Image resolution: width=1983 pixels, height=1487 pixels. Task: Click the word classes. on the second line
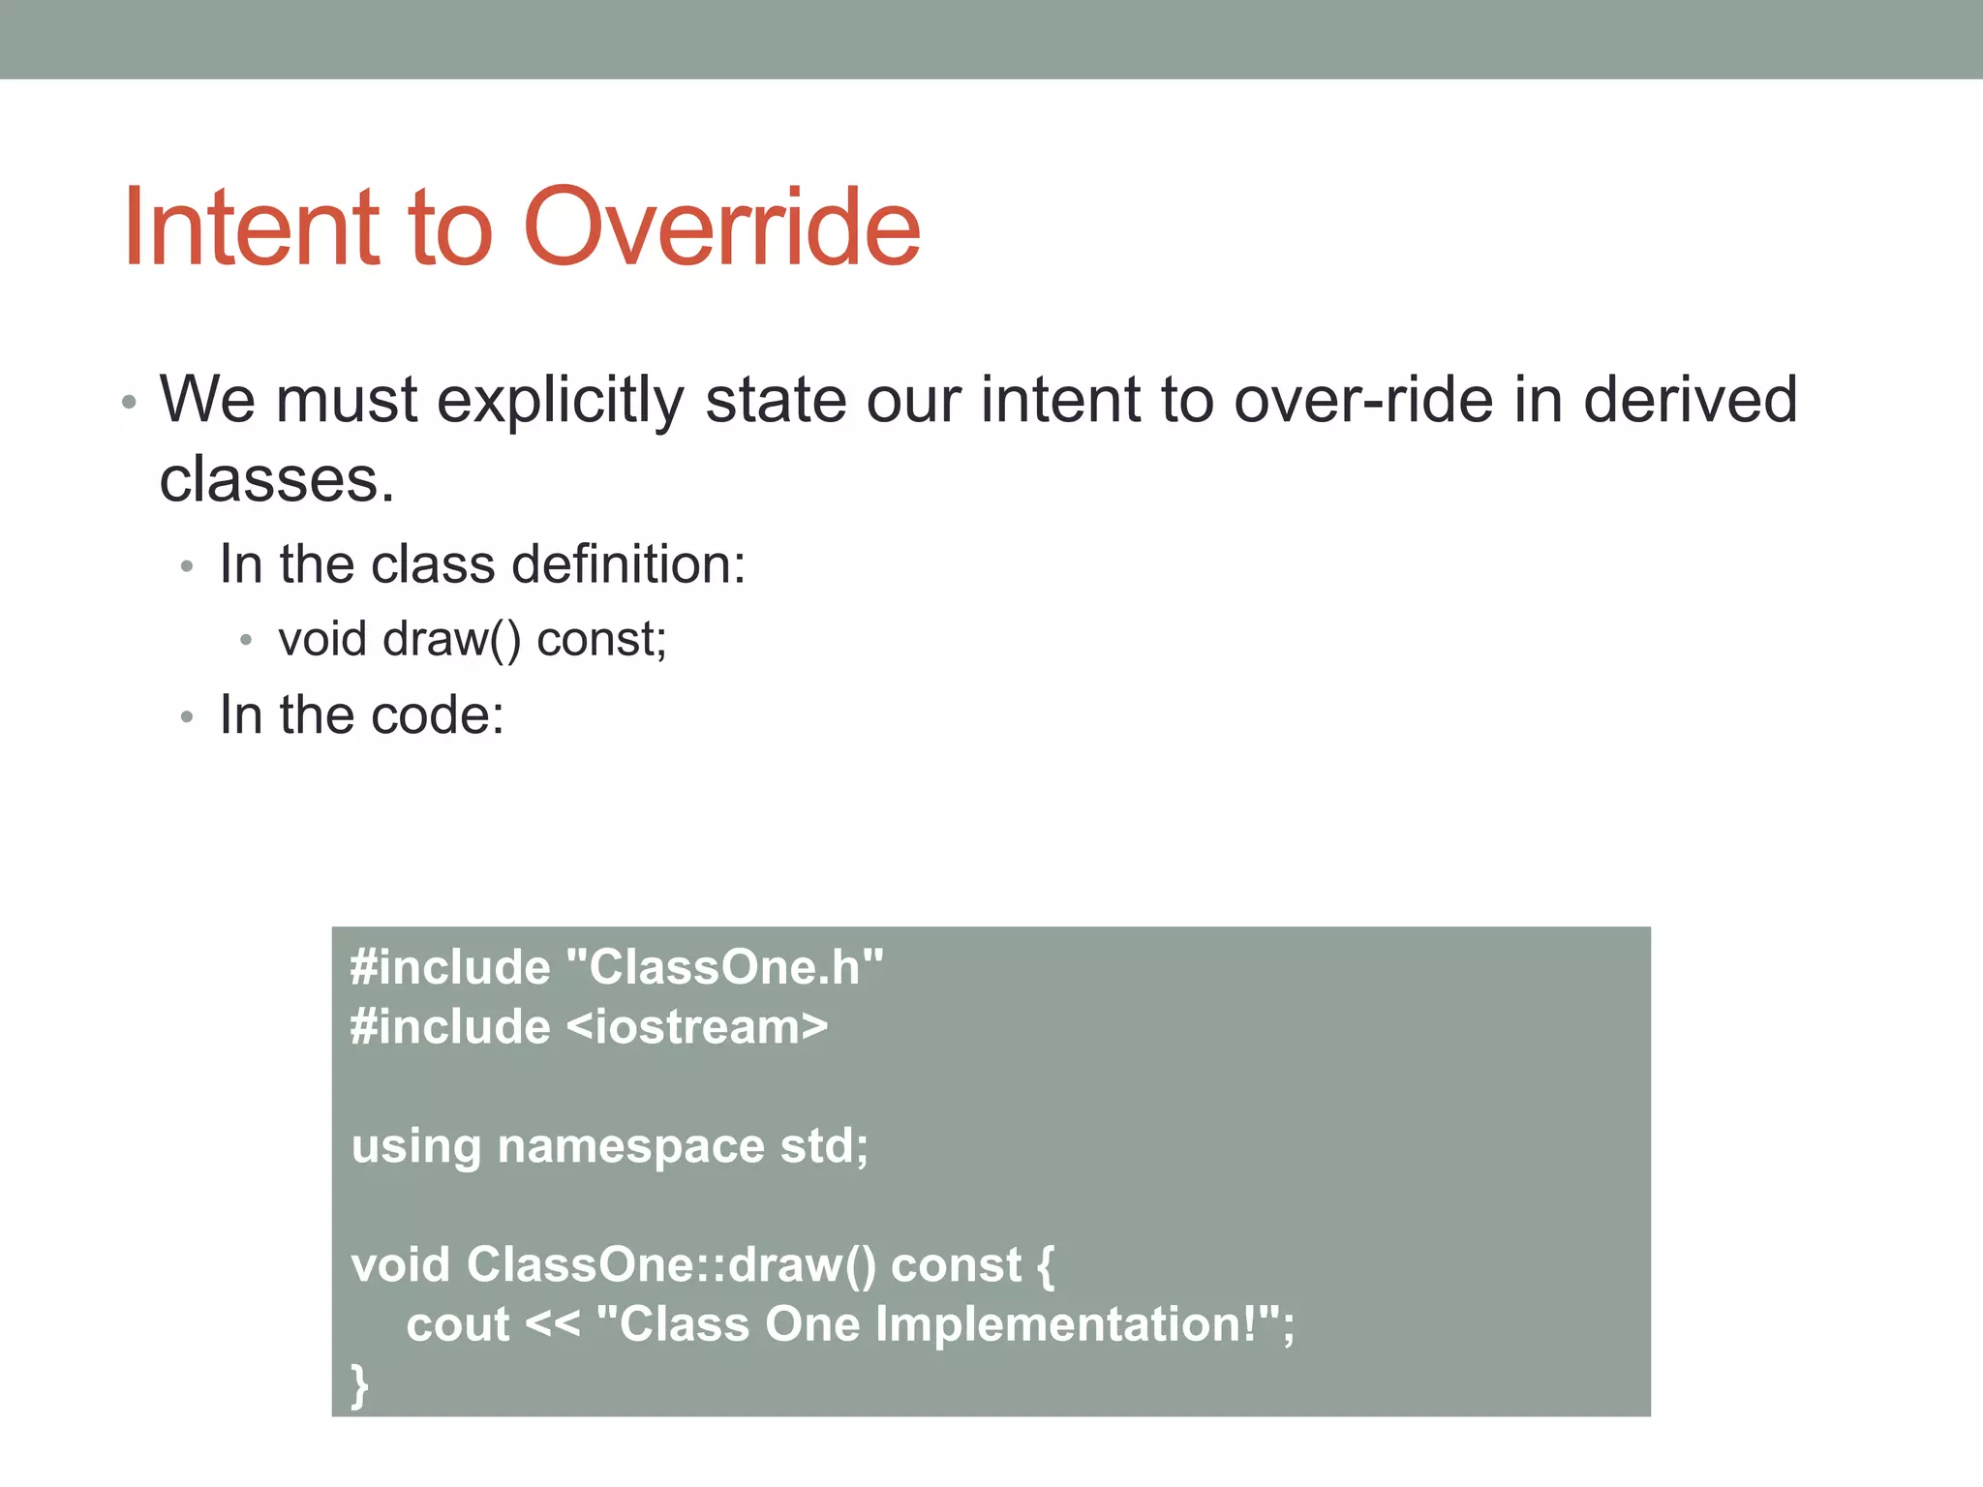[277, 479]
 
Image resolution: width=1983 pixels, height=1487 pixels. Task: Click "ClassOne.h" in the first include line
[724, 967]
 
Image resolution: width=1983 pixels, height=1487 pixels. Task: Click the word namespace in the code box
[630, 1146]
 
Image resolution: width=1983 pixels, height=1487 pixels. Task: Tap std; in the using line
[824, 1146]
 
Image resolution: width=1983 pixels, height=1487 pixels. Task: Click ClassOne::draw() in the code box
[671, 1265]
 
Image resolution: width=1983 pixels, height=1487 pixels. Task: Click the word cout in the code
[457, 1324]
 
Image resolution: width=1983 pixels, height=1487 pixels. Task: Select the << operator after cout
[552, 1324]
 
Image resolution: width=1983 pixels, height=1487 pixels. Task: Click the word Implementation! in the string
[1065, 1324]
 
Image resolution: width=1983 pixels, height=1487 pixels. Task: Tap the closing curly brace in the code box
[359, 1384]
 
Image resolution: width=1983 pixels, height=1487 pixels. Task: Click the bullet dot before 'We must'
[129, 402]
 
